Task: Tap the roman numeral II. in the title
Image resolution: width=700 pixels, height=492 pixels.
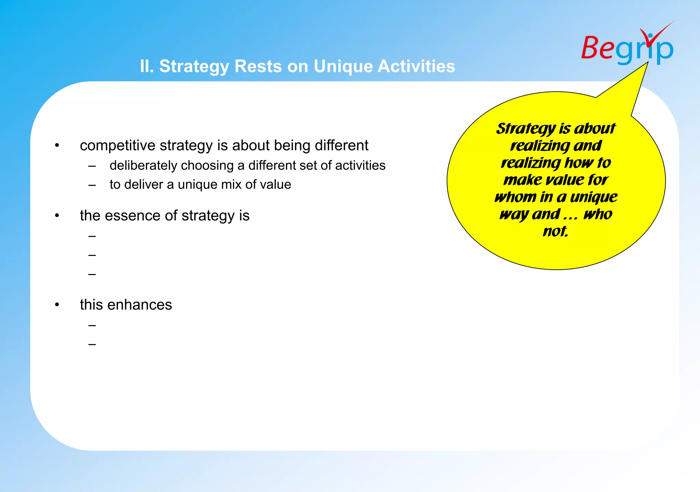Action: [x=147, y=66]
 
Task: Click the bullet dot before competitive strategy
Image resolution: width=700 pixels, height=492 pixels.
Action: [x=57, y=146]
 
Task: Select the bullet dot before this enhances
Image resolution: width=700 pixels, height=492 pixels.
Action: [x=57, y=305]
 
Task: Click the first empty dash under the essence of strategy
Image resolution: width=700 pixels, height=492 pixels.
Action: [x=92, y=236]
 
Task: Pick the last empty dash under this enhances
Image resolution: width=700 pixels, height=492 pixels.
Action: [x=92, y=344]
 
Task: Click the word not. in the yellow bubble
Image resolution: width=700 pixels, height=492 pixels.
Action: [x=555, y=232]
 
